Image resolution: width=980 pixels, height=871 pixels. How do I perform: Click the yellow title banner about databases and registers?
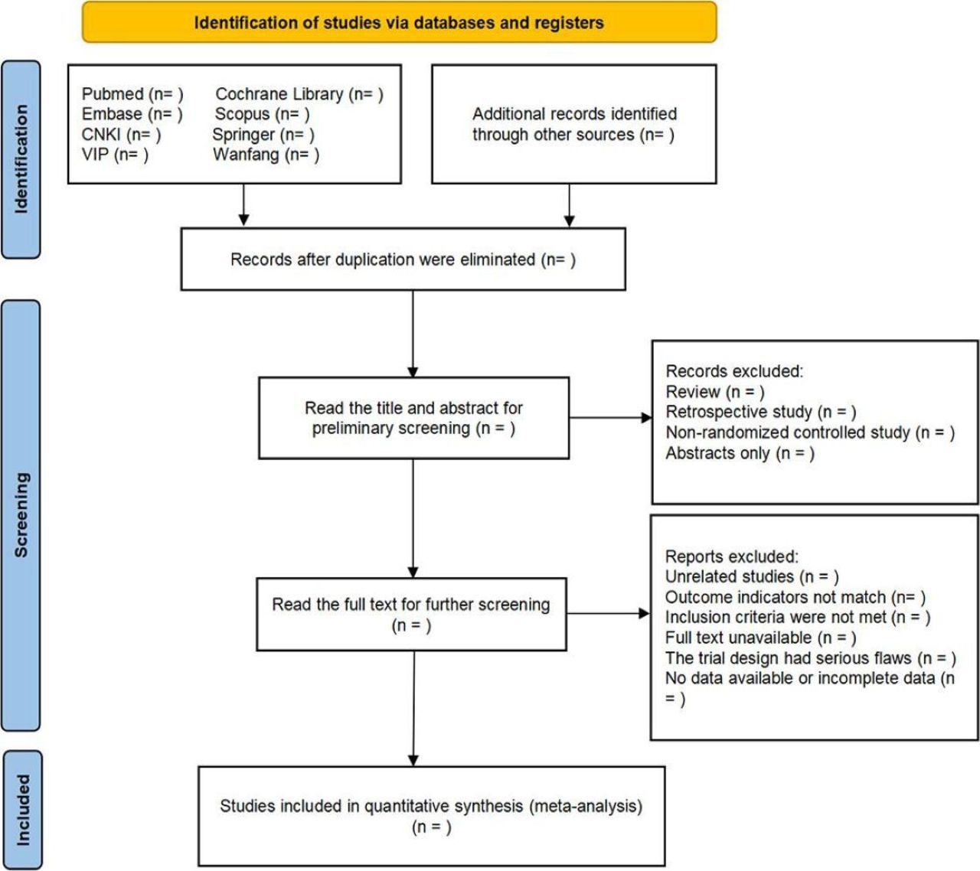tap(399, 22)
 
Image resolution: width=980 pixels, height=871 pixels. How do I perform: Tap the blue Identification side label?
tap(21, 159)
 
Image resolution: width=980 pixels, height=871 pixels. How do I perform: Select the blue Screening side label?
tap(21, 514)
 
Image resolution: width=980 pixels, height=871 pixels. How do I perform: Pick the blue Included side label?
tap(22, 810)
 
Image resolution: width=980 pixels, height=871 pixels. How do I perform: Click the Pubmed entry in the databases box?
tap(132, 94)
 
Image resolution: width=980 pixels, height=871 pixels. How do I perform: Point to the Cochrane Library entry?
tap(299, 94)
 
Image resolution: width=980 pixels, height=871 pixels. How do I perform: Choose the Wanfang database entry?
tap(266, 155)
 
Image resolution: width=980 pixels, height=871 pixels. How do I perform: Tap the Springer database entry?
tap(263, 135)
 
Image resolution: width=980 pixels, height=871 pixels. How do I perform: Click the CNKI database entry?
tap(121, 135)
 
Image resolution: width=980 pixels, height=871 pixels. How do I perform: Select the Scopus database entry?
tap(262, 114)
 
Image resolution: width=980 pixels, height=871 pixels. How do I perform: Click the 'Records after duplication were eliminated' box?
tap(403, 259)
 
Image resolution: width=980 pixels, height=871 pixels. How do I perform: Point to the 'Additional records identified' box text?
tap(574, 124)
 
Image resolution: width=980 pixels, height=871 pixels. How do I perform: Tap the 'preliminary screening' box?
tap(413, 418)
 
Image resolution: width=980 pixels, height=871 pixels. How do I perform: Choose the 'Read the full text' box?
tap(411, 614)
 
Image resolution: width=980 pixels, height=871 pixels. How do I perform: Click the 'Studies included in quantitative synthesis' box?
tap(432, 816)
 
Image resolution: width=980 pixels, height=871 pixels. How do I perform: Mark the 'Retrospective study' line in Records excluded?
tap(761, 412)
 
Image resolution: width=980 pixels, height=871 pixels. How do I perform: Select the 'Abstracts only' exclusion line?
tap(740, 453)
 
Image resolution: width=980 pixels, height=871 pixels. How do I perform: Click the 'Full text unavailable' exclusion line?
tap(760, 638)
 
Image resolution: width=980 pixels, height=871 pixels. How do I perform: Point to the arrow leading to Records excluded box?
tap(611, 417)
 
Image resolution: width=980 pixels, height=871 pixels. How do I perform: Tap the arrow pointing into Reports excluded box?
tap(608, 614)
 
